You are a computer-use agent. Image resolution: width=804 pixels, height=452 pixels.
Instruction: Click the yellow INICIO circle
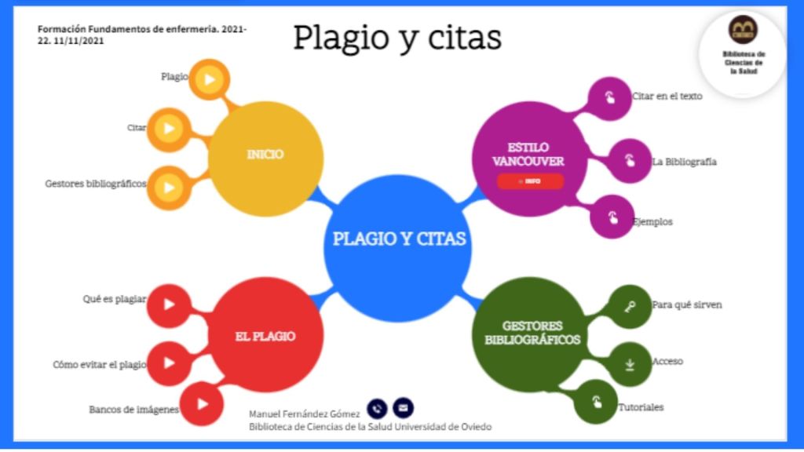(x=265, y=155)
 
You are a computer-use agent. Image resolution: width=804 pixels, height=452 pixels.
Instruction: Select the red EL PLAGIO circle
(x=265, y=337)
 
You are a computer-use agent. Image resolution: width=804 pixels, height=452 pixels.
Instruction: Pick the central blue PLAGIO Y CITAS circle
(x=399, y=239)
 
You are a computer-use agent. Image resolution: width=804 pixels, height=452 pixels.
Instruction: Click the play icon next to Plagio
(x=210, y=79)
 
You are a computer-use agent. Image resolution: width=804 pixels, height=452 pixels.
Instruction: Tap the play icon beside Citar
(x=168, y=128)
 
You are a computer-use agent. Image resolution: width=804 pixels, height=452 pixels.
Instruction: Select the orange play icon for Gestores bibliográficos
(x=168, y=187)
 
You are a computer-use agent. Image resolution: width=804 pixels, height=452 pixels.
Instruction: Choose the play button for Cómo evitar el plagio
(x=168, y=363)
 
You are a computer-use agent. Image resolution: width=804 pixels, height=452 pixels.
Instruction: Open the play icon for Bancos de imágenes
(x=203, y=404)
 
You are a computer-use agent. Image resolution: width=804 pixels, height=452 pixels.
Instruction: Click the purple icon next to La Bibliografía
(x=630, y=161)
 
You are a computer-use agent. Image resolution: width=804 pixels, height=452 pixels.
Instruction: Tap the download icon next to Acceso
(x=630, y=364)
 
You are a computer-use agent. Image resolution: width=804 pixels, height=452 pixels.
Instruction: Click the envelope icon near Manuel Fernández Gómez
(x=403, y=408)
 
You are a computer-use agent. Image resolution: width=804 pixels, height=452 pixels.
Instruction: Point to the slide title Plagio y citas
(x=397, y=38)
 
